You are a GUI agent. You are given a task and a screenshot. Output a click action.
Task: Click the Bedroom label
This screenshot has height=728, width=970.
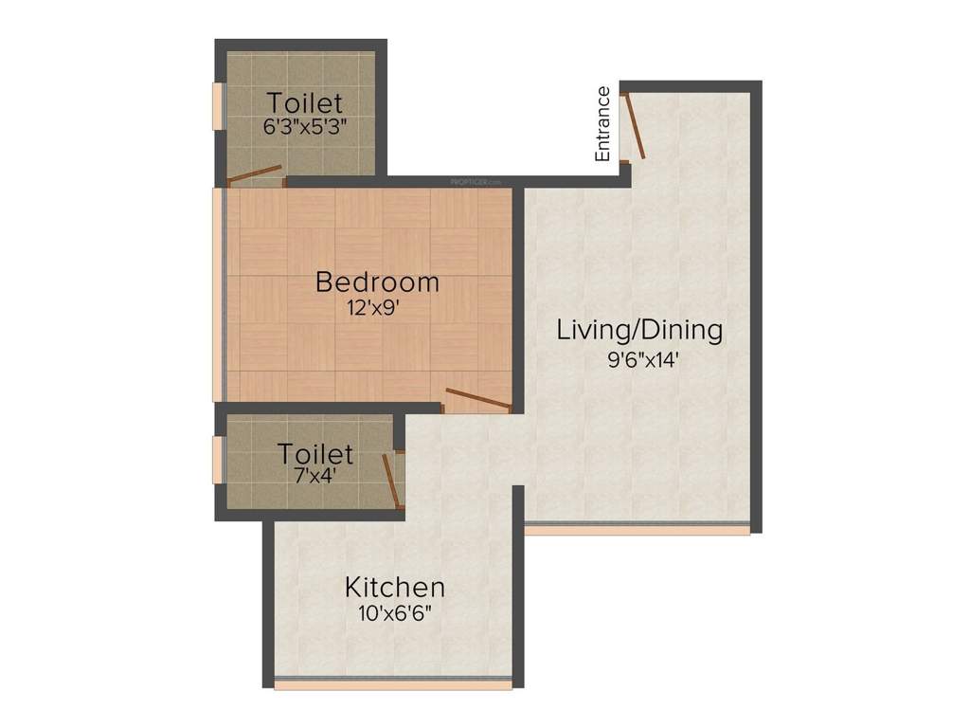point(377,282)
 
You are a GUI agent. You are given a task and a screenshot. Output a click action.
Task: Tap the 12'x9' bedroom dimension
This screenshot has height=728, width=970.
point(377,306)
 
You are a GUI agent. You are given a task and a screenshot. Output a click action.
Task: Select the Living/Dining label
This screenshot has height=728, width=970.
point(639,330)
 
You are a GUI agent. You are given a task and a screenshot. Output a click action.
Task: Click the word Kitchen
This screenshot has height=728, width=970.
point(394,586)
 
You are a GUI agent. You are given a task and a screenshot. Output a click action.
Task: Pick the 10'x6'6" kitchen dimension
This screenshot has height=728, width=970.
point(394,612)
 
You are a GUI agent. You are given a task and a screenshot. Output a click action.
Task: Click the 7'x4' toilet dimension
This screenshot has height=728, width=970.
point(314,477)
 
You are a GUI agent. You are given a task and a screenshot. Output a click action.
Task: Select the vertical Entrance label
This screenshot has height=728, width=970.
point(602,123)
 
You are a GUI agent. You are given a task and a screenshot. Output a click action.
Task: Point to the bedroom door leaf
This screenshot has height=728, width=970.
point(478,399)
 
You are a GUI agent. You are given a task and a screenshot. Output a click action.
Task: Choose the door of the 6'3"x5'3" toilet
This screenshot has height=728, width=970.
point(254,174)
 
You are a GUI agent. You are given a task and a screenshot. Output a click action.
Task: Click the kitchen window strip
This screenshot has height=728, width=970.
point(393,682)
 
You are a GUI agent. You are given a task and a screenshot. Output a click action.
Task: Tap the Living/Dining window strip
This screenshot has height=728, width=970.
point(637,529)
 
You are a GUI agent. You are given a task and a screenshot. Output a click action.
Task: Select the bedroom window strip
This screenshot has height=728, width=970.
point(218,294)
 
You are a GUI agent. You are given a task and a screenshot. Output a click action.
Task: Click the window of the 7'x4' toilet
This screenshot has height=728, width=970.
point(218,461)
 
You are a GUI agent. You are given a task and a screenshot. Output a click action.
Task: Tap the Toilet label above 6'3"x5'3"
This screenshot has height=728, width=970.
point(304,101)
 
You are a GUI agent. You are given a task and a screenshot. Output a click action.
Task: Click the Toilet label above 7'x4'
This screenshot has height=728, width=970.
point(314,454)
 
